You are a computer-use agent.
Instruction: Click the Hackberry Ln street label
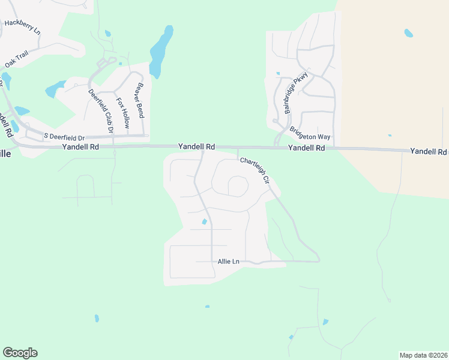click(22, 26)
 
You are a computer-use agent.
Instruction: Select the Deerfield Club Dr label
click(101, 110)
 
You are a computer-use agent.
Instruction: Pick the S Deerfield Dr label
click(65, 137)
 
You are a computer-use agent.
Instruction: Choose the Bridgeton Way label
click(310, 133)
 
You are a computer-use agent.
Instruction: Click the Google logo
click(20, 353)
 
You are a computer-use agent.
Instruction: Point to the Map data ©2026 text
click(423, 355)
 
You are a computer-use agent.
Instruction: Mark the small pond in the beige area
click(409, 32)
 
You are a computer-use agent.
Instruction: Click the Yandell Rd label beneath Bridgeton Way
click(306, 148)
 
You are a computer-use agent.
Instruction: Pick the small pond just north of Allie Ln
click(205, 222)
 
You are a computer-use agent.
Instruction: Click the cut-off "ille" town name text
click(5, 154)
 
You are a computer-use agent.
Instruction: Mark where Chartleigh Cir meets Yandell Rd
click(238, 148)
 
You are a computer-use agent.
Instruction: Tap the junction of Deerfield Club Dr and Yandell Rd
click(113, 146)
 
